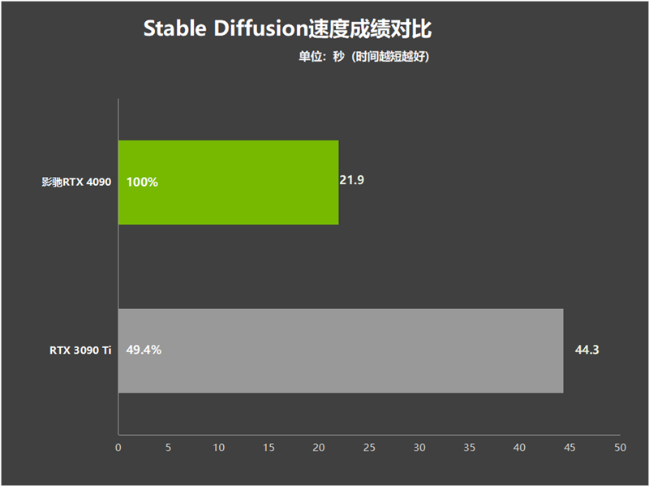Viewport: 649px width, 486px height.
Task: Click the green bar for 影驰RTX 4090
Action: coord(229,183)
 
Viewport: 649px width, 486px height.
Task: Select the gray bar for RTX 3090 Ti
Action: coord(341,351)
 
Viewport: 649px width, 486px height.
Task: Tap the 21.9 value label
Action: coord(352,180)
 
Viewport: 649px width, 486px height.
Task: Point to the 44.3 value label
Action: coord(587,350)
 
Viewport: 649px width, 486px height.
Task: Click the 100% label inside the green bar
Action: coord(142,182)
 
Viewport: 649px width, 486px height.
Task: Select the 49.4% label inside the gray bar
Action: coord(144,350)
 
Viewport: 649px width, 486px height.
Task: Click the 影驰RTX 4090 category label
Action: coord(76,182)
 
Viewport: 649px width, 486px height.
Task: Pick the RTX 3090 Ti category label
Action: coord(80,351)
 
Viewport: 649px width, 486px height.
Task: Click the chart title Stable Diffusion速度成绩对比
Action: coord(288,28)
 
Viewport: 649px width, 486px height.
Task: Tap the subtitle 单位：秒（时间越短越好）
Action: coord(364,56)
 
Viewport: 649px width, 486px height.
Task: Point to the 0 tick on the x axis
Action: coord(118,448)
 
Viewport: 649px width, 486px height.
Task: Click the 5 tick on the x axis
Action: coord(169,448)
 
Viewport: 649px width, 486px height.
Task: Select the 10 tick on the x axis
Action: coord(218,448)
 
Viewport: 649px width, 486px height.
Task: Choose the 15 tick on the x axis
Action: coord(269,448)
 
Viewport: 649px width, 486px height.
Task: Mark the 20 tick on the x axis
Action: coord(319,448)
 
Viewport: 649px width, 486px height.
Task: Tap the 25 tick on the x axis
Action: coord(369,448)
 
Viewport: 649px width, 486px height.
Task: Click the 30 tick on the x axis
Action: coord(419,448)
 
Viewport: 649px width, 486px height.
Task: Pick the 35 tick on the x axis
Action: coord(470,448)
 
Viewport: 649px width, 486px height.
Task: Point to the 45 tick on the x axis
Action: coord(569,448)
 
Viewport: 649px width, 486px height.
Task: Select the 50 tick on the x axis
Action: coord(620,448)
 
